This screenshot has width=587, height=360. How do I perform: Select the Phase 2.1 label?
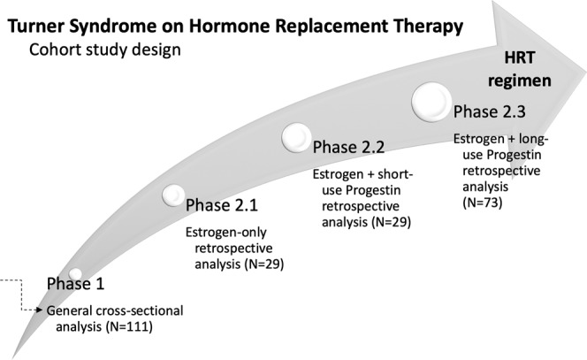point(223,206)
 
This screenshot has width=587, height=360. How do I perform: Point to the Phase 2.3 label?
point(492,113)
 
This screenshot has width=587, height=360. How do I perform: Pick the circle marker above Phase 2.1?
point(173,192)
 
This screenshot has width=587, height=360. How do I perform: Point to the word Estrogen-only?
point(223,234)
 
